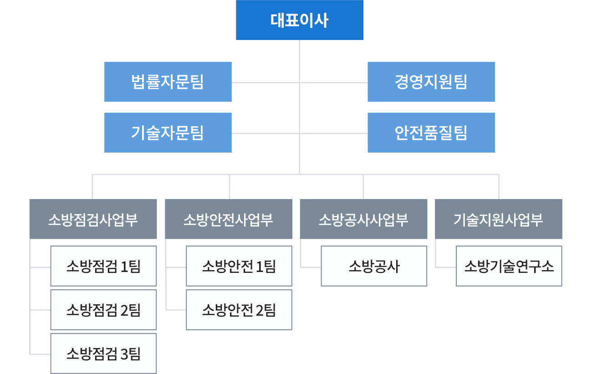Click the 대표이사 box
(x=299, y=20)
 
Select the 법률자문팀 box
(x=168, y=82)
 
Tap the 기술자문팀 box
(x=168, y=133)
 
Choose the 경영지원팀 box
(x=431, y=82)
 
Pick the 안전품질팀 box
(x=431, y=133)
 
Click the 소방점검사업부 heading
(x=93, y=220)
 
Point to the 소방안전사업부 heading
(x=228, y=220)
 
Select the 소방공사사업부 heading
(x=363, y=220)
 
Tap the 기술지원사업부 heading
(x=498, y=220)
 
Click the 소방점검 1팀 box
(x=103, y=266)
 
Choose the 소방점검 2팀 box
(x=103, y=310)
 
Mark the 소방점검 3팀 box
(x=103, y=354)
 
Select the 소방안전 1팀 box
(x=239, y=266)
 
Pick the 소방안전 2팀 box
(x=239, y=310)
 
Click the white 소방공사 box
(x=373, y=266)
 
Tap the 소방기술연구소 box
(x=509, y=266)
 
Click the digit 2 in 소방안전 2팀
(x=260, y=311)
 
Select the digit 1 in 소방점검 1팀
(x=124, y=266)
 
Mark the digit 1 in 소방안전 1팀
(x=260, y=266)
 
